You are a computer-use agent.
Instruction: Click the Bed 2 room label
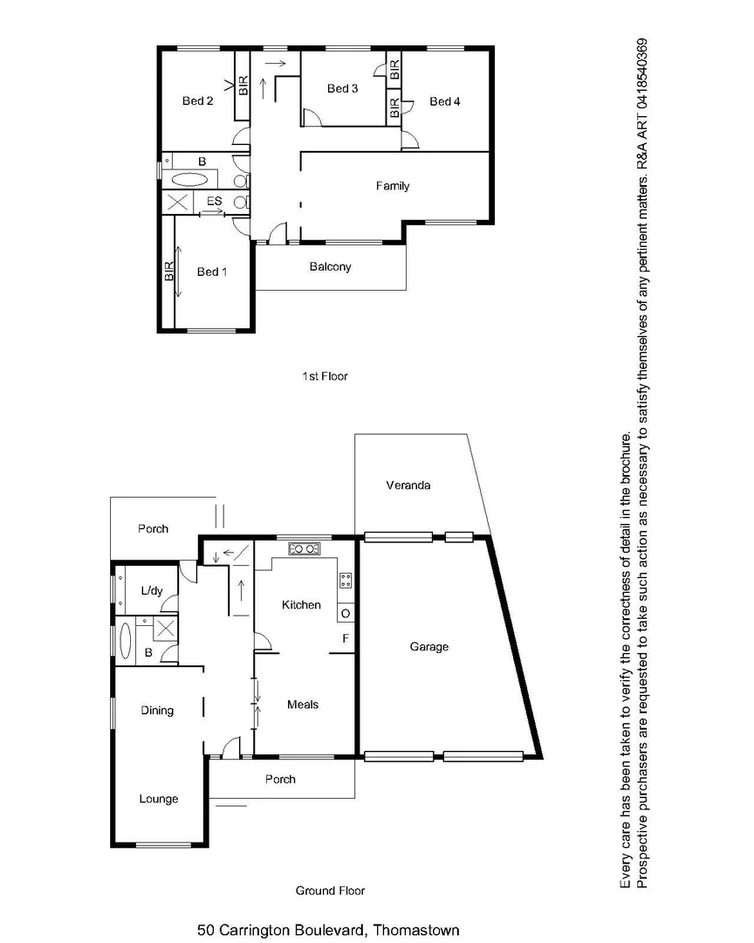198,101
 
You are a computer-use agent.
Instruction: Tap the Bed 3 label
342,88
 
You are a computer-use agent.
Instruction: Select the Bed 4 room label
445,102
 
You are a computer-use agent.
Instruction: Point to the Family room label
393,186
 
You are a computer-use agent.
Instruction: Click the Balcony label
331,267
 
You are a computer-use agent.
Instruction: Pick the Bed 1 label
212,272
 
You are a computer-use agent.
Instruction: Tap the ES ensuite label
214,203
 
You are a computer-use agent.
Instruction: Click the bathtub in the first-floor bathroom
189,181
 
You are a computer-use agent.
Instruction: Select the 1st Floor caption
324,376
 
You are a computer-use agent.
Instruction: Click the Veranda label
408,485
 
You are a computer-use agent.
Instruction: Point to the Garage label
429,647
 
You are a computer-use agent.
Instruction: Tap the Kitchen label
301,605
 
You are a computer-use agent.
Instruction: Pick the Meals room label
303,705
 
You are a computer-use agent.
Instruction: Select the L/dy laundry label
152,591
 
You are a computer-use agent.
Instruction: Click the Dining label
157,711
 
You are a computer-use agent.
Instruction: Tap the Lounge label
159,799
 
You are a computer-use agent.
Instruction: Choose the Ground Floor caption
330,891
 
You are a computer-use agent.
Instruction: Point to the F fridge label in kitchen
346,639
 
